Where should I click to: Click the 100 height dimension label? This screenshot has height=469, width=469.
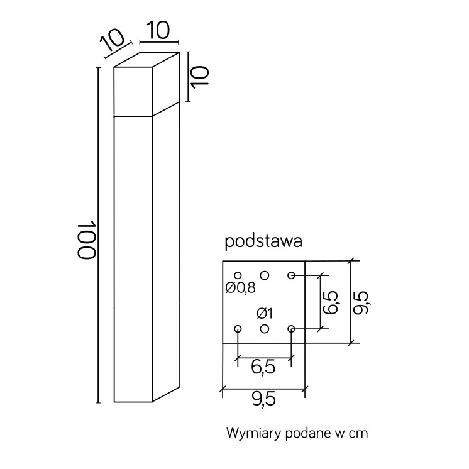pyautogui.click(x=86, y=240)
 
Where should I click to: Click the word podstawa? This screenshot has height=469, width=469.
pyautogui.click(x=263, y=241)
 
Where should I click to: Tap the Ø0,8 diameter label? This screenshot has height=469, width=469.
pyautogui.click(x=241, y=288)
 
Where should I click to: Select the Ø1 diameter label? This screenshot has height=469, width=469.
pyautogui.click(x=265, y=314)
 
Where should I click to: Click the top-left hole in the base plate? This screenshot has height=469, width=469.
pyautogui.click(x=238, y=275)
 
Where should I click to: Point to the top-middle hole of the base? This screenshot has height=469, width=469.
pyautogui.click(x=265, y=275)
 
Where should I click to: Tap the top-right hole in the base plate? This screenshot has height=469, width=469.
pyautogui.click(x=291, y=275)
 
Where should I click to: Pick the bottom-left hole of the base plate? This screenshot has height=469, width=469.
pyautogui.click(x=238, y=329)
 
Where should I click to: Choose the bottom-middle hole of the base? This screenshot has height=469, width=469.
pyautogui.click(x=265, y=329)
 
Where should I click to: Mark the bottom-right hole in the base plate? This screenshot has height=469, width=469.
pyautogui.click(x=291, y=329)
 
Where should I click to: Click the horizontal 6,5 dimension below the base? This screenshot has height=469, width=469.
pyautogui.click(x=263, y=367)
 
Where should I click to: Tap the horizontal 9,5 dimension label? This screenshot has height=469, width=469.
pyautogui.click(x=263, y=399)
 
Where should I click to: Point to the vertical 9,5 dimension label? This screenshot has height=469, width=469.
pyautogui.click(x=360, y=302)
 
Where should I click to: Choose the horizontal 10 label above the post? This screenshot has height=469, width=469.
pyautogui.click(x=158, y=30)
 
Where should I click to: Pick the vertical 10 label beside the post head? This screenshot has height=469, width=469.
pyautogui.click(x=199, y=77)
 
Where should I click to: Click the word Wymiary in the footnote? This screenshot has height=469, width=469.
pyautogui.click(x=254, y=433)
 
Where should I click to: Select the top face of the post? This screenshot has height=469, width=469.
pyautogui.click(x=146, y=60)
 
